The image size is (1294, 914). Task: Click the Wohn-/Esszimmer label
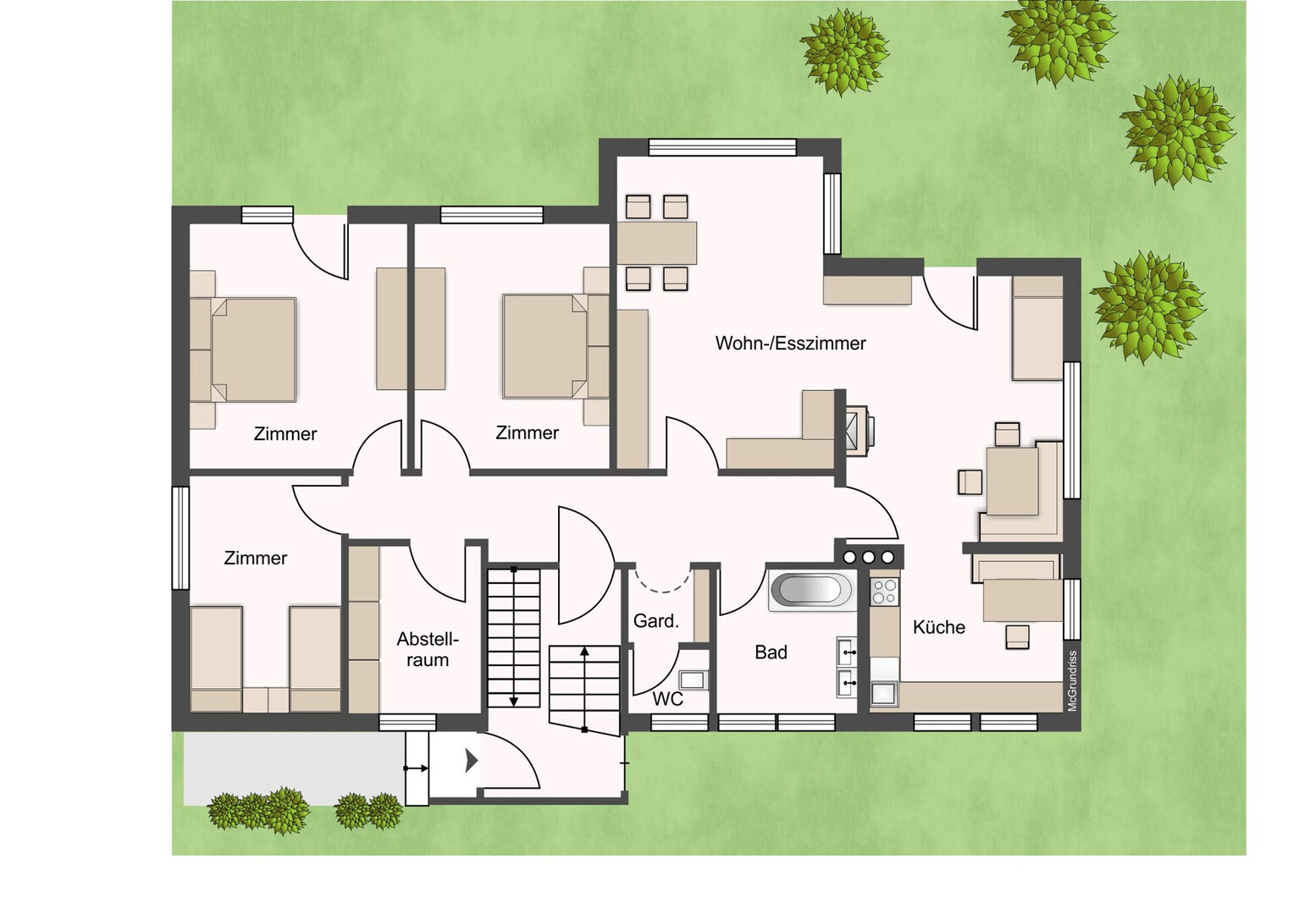coord(790,344)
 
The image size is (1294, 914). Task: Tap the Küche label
coord(938,627)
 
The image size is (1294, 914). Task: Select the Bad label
coord(771,652)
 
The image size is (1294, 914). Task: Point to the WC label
coord(668,699)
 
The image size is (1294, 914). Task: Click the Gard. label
coord(656,621)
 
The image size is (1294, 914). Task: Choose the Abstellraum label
coord(428,650)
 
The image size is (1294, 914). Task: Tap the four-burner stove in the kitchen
coord(884,592)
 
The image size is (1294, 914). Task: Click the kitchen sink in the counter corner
coord(883,694)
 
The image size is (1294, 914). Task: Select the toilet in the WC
coord(694,680)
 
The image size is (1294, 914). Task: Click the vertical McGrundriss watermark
coord(1072,680)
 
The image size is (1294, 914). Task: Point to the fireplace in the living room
coord(860,431)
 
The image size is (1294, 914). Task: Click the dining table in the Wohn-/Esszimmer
coord(657,243)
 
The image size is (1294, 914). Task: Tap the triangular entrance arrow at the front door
coord(472,761)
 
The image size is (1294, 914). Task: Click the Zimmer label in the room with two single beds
coord(256,559)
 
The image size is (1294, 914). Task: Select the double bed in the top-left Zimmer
coord(253,350)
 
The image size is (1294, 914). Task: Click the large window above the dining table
coord(722,147)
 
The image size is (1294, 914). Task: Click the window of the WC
coord(679,722)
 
